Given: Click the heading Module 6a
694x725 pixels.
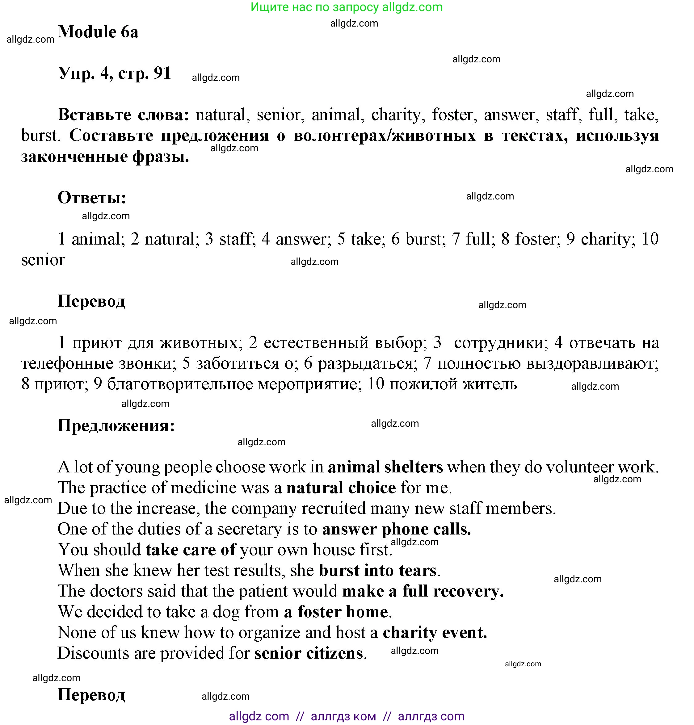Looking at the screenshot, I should pos(98,32).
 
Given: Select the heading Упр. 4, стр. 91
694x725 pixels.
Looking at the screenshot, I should pos(114,73).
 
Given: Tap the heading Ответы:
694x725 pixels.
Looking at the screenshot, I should pos(92,198).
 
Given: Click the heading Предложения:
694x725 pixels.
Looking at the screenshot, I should pos(116,426).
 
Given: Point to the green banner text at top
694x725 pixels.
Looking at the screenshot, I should pos(346,7).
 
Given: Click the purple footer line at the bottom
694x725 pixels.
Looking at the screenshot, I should pos(346,716).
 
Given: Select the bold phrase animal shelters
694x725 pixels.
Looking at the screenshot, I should pos(385,467).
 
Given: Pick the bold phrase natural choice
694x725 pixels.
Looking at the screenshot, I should pos(341,488).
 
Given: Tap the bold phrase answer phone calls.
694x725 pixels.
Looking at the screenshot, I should pos(396,529).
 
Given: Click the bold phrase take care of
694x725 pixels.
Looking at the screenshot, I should pos(190,550).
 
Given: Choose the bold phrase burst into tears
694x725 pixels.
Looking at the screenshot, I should pos(377,571).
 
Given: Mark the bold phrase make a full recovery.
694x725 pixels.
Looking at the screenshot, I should pos(423,592).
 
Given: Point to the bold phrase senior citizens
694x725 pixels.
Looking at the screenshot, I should pos(309,654).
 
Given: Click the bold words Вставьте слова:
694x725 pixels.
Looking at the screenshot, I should pos(124,115).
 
